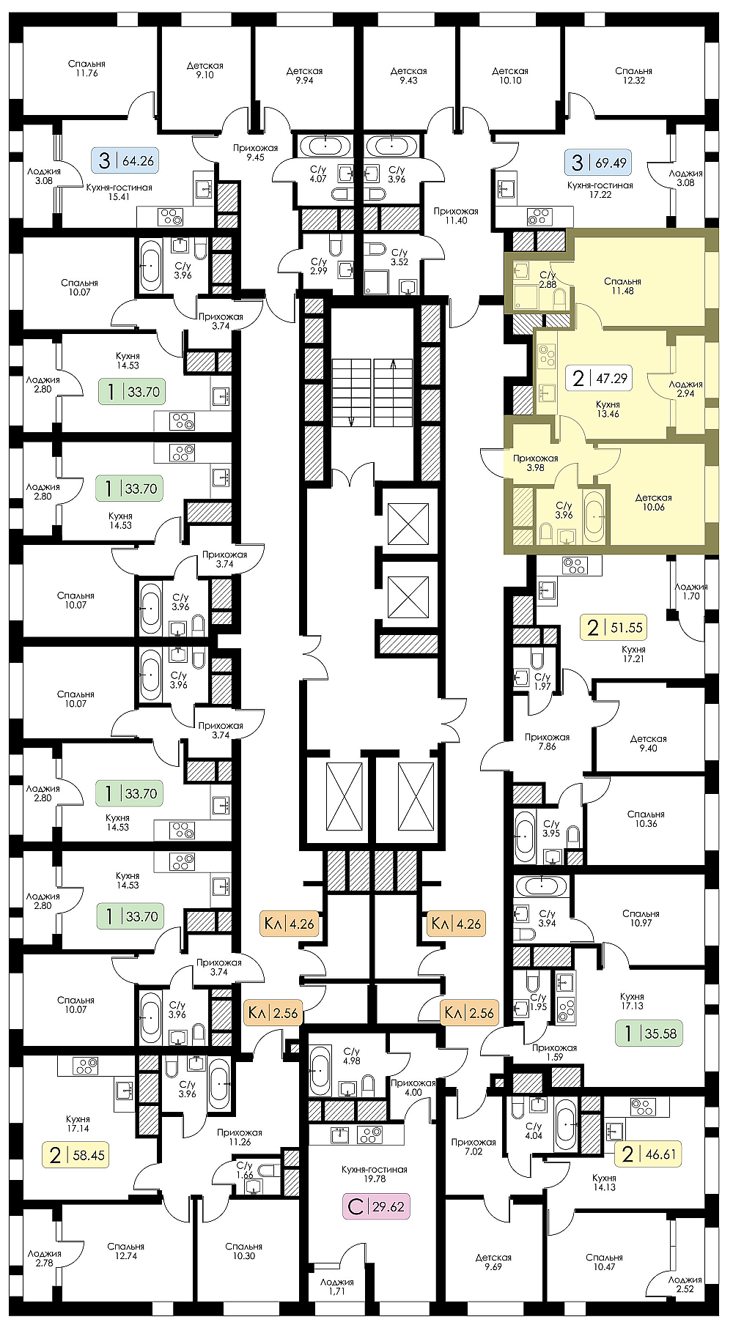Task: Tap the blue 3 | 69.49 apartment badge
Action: [x=599, y=163]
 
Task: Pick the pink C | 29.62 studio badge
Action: [x=376, y=1206]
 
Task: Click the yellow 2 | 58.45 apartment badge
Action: [x=76, y=1156]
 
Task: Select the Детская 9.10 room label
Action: [x=205, y=70]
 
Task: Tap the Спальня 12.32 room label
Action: [x=634, y=75]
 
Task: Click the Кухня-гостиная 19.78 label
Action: [x=374, y=1174]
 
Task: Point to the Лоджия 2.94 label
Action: [x=685, y=389]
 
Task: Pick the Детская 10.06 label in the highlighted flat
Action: [x=653, y=502]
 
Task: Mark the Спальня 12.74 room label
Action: [x=125, y=1251]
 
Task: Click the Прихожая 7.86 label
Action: [x=547, y=742]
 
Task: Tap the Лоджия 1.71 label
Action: [x=337, y=1287]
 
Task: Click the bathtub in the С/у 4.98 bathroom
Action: [x=320, y=1070]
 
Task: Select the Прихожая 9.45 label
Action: [x=255, y=152]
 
